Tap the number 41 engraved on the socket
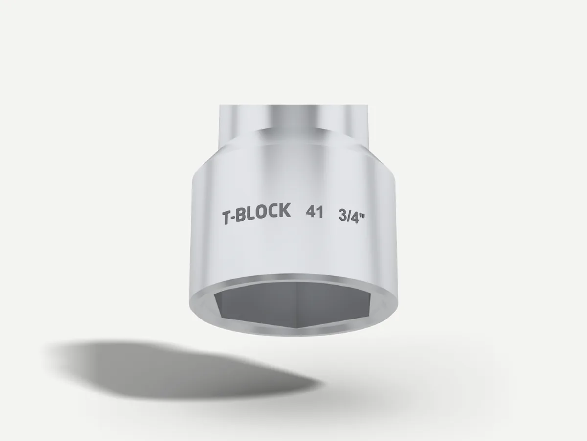tap(315, 213)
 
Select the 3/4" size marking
tap(352, 215)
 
